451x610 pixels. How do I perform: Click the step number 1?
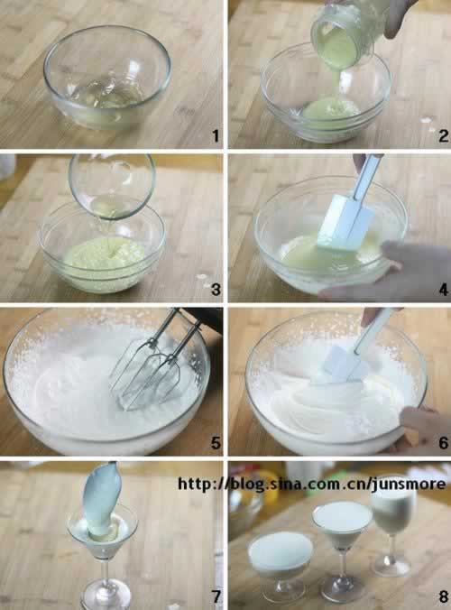click(x=216, y=135)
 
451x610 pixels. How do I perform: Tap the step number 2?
click(x=443, y=135)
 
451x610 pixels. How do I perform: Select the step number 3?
click(x=216, y=290)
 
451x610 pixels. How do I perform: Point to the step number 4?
click(x=443, y=290)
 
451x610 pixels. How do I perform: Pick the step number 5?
click(x=216, y=443)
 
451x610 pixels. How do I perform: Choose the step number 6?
click(x=443, y=443)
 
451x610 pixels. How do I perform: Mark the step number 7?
click(x=216, y=596)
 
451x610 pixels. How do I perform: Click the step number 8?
click(x=443, y=596)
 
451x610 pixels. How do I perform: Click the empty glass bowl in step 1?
click(x=107, y=77)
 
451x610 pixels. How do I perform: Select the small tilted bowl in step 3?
click(x=112, y=186)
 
